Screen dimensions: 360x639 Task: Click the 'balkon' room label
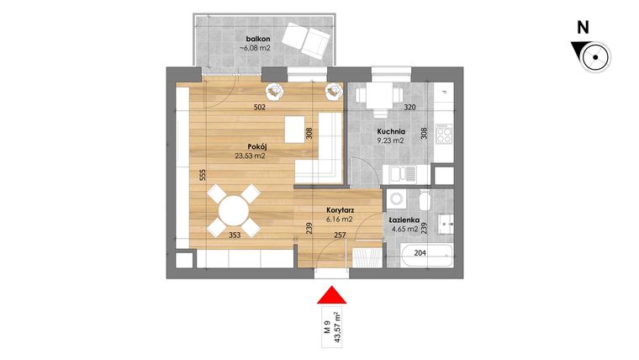pos(257,39)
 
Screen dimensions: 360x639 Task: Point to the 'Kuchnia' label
pos(392,132)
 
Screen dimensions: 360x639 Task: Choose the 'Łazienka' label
pos(404,218)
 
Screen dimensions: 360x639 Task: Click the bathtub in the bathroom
pos(428,254)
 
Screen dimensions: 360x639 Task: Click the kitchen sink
pos(399,174)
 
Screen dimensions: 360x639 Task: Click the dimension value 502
pos(261,108)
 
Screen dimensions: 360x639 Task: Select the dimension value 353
pos(237,236)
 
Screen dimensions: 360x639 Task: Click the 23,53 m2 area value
pos(250,156)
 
